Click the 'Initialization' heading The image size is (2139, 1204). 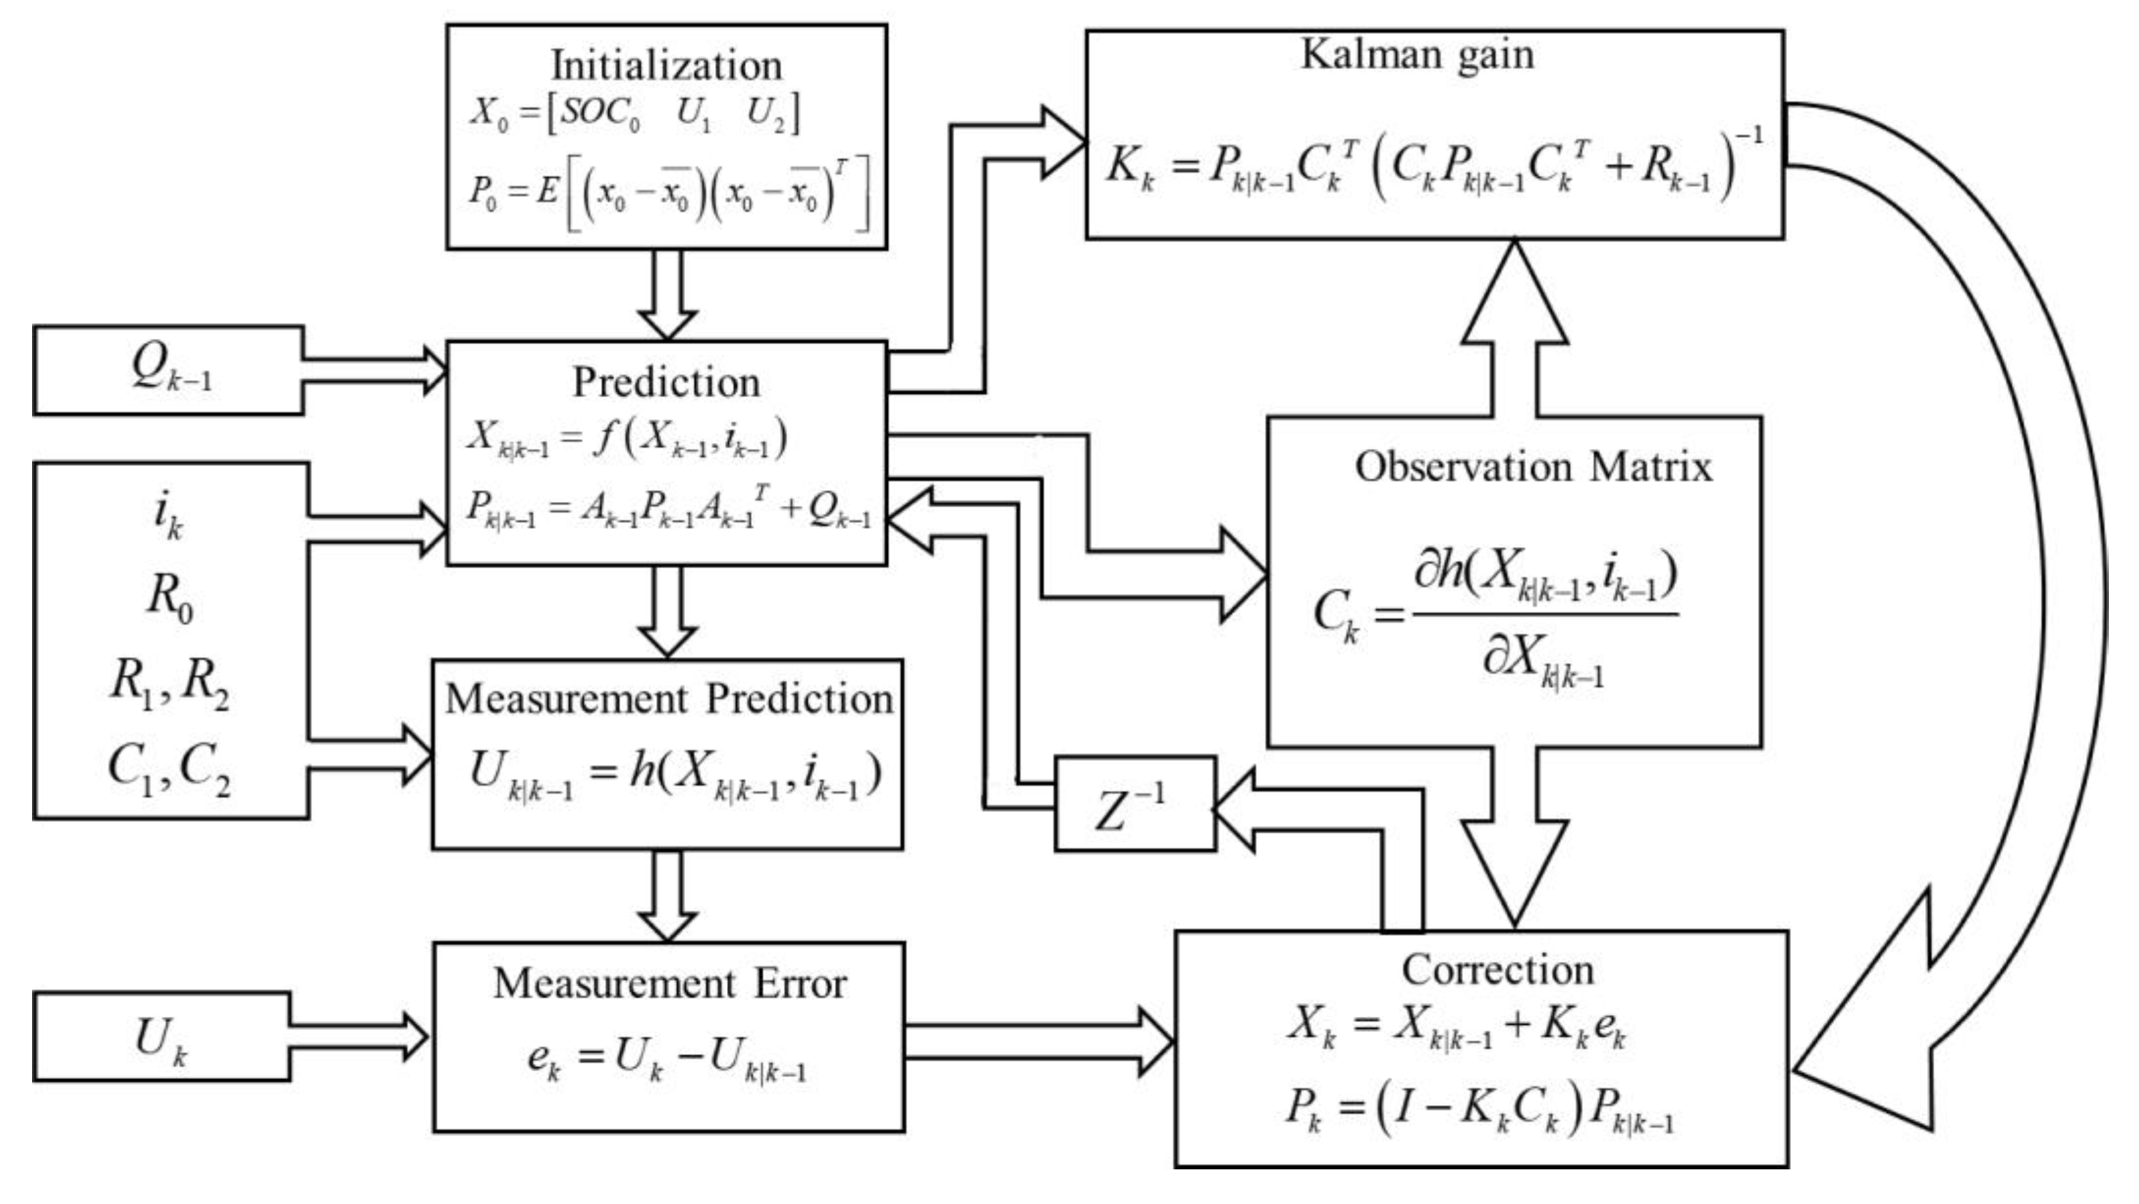(x=666, y=65)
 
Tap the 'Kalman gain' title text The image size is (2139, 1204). (x=1417, y=56)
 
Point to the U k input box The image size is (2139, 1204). (x=162, y=1037)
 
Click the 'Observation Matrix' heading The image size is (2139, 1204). (x=1533, y=467)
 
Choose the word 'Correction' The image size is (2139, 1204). (x=1497, y=970)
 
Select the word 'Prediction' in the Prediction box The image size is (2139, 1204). (x=666, y=383)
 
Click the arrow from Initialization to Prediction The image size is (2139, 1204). (x=667, y=294)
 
